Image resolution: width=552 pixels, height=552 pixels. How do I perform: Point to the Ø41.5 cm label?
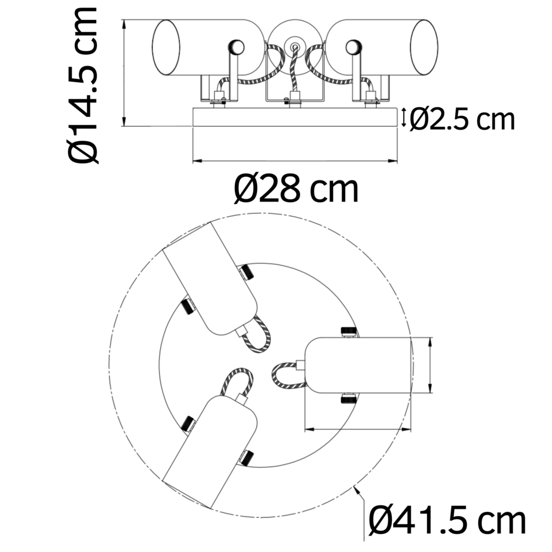point(447,520)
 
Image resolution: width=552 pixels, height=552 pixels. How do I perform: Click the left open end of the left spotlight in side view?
point(166,47)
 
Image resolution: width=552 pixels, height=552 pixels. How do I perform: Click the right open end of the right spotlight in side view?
point(424,47)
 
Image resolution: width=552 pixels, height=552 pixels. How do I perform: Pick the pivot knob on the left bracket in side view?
point(236,47)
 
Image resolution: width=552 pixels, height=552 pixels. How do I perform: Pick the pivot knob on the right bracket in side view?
point(354,47)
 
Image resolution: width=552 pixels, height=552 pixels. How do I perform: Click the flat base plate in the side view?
point(295,117)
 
